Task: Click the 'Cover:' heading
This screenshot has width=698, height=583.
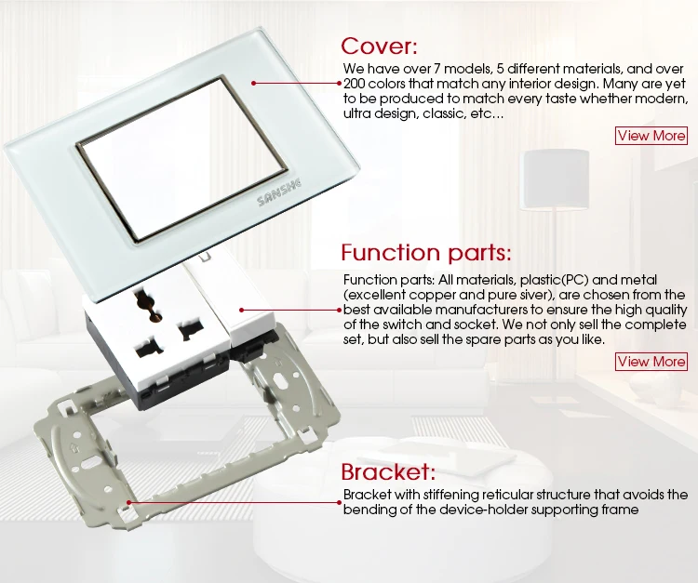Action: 380,46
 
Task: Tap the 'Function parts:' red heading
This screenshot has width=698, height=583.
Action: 426,253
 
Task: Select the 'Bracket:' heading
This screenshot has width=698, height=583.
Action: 388,471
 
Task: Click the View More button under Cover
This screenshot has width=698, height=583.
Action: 651,136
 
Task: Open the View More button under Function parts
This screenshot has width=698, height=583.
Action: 651,362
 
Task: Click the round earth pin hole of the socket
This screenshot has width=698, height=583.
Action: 149,306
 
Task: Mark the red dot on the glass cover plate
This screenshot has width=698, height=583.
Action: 253,83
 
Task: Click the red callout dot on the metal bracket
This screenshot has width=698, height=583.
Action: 128,502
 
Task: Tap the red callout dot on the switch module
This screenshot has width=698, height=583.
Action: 242,310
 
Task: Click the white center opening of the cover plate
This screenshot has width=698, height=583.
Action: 182,158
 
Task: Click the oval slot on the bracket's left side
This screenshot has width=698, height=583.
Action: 90,465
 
